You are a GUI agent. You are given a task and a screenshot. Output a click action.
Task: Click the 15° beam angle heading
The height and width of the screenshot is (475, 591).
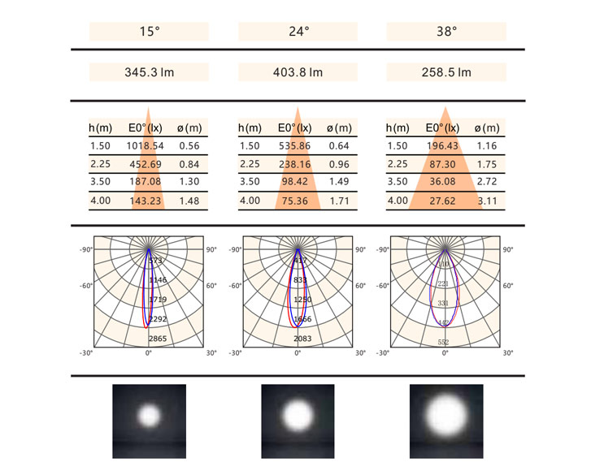click(x=149, y=32)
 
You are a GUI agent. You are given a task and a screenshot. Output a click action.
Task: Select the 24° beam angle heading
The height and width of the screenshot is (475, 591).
click(x=298, y=32)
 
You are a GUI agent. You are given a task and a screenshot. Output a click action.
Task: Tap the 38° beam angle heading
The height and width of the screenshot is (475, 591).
click(x=447, y=32)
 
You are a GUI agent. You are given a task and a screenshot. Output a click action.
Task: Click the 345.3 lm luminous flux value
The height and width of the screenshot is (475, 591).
click(x=149, y=72)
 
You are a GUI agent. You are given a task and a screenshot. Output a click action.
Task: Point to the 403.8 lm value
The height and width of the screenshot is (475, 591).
click(x=298, y=72)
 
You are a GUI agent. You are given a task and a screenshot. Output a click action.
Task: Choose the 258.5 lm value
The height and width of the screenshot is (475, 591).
click(x=447, y=72)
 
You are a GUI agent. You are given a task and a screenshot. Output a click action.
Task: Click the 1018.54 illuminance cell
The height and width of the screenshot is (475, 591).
click(x=146, y=146)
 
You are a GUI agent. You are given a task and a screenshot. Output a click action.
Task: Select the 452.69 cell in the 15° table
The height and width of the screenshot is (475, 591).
click(x=146, y=164)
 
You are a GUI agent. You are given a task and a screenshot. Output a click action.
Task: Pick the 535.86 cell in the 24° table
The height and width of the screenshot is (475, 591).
click(x=295, y=146)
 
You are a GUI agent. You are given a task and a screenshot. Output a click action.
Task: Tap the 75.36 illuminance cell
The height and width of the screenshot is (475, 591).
click(x=295, y=201)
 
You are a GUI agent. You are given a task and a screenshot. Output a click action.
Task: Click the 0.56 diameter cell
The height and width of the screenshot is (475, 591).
click(x=189, y=146)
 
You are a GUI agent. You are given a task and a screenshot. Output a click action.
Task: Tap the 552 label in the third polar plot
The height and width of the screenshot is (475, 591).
click(x=444, y=343)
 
